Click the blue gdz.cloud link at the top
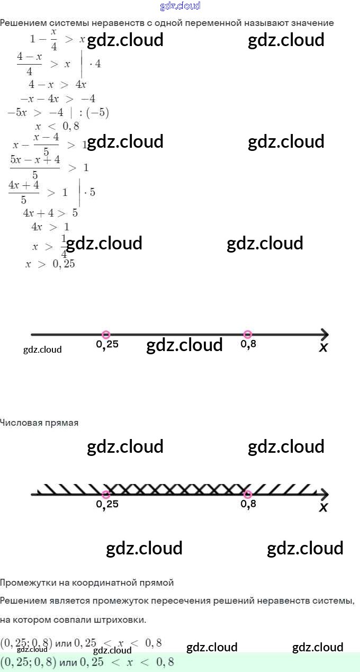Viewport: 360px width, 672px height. coord(180,6)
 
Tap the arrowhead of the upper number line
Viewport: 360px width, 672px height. coord(324,334)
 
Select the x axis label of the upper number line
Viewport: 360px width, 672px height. coord(323,347)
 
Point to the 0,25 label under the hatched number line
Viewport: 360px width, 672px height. coord(107,504)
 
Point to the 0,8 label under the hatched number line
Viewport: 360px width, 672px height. coord(248,504)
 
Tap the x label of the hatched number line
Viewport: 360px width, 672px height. coord(323,507)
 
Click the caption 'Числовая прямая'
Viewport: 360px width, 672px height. coord(39,423)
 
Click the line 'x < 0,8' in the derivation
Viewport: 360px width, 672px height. coord(57,126)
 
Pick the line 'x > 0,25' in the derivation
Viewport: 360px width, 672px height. coord(50,264)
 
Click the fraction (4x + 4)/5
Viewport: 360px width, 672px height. coord(24,192)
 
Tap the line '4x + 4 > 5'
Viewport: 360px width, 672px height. coord(50,213)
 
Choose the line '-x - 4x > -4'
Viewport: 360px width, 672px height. coord(58,98)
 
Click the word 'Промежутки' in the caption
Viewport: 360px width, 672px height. coord(28,583)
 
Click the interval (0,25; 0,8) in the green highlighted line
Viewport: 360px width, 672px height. coord(28,662)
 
